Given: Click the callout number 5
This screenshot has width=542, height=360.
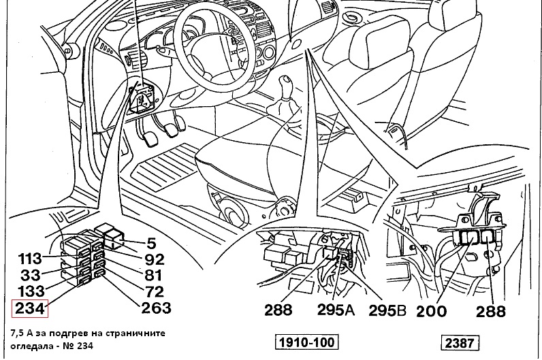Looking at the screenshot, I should (x=152, y=244).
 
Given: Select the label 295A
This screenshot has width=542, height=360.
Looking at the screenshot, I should (x=336, y=311).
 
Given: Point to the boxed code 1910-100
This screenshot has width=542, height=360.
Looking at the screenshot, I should (x=306, y=342).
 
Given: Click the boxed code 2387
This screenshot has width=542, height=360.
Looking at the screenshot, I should (x=462, y=342).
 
